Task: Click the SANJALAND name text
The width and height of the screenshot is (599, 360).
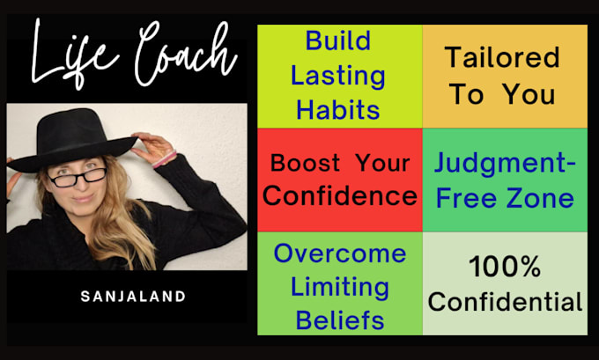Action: click(133, 297)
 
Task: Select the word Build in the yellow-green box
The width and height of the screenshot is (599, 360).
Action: click(338, 40)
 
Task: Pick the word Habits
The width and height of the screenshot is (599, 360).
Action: click(338, 110)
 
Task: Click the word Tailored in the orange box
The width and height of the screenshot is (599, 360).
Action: click(502, 57)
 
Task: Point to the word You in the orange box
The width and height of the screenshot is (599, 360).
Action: click(529, 94)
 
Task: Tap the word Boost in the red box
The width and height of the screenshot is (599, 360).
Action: click(305, 163)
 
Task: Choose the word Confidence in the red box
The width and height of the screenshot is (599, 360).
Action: click(340, 195)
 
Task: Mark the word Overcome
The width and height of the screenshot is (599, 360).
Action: click(340, 253)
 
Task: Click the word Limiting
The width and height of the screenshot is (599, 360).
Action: click(340, 288)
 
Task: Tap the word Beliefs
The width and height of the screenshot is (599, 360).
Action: click(340, 320)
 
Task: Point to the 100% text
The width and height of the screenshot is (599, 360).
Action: click(505, 267)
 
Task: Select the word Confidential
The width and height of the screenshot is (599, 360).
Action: click(505, 302)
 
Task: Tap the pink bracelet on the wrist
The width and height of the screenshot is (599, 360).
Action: click(164, 159)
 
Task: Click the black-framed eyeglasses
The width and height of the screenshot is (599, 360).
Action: click(78, 178)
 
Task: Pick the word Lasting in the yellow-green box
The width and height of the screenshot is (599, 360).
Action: click(338, 76)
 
